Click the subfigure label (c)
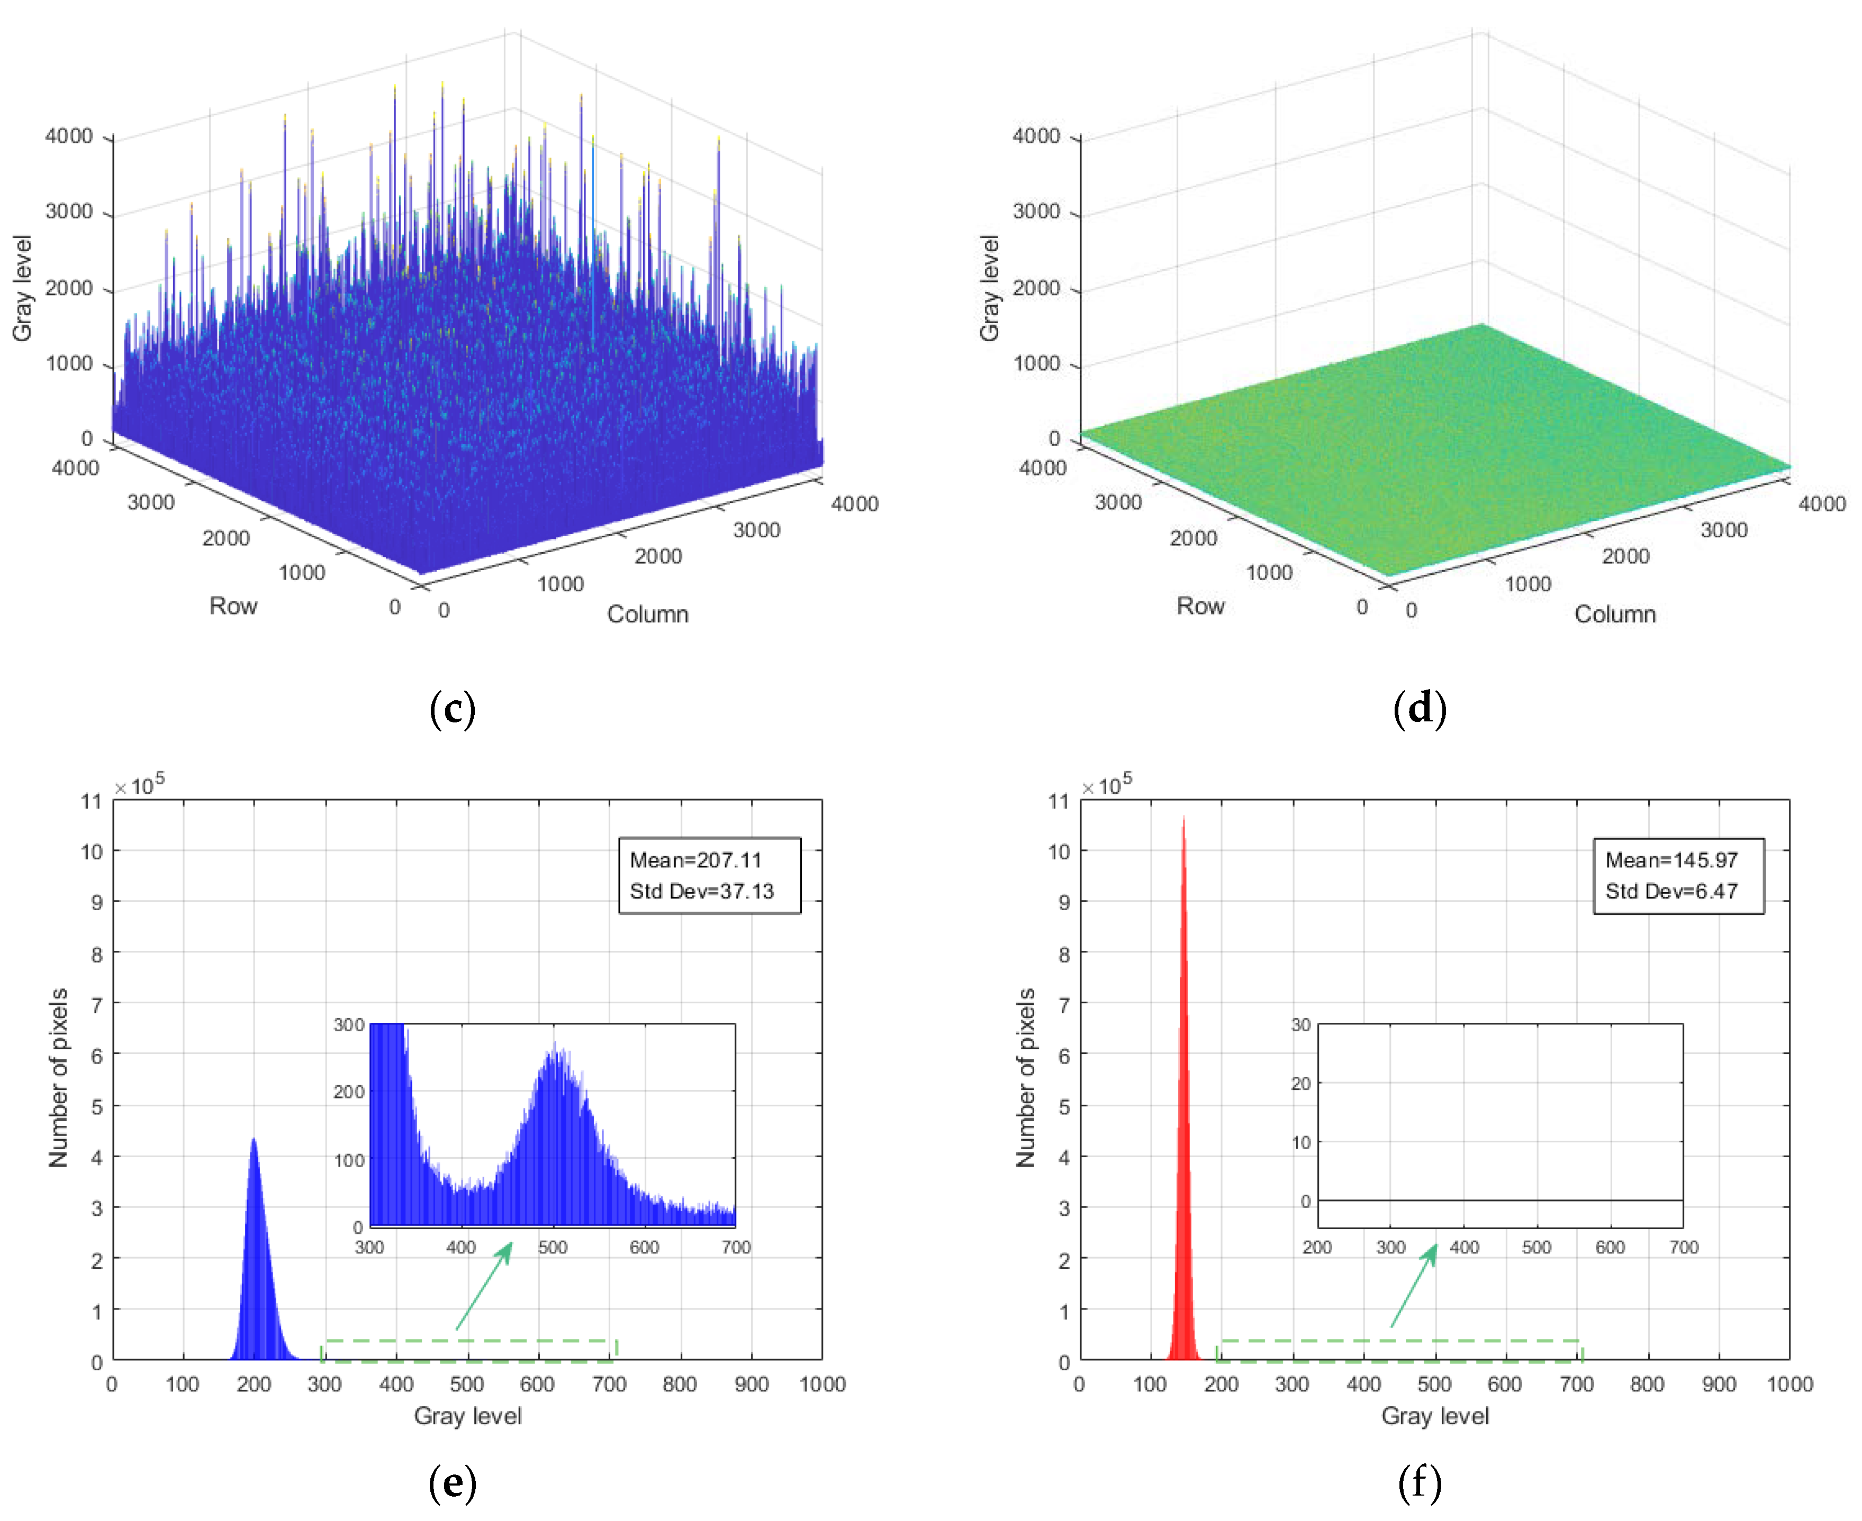(x=453, y=708)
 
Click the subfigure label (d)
(x=1420, y=708)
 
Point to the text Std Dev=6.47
(x=1671, y=891)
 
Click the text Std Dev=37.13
(x=701, y=891)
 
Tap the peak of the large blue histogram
(x=254, y=1141)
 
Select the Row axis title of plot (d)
(x=1199, y=606)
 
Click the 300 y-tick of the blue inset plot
(x=348, y=1024)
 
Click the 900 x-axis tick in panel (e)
(x=751, y=1385)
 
